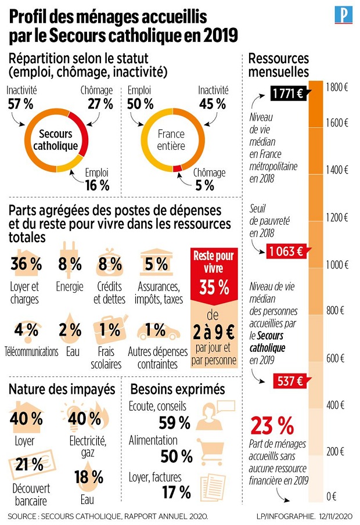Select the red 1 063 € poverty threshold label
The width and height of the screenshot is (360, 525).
(285, 251)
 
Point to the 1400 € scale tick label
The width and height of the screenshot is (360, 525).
(337, 170)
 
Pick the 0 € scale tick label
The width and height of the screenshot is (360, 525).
(332, 497)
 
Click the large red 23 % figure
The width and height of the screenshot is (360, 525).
(272, 427)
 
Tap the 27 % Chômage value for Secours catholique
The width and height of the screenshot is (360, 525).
(100, 104)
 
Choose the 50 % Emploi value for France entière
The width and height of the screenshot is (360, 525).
(140, 104)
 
